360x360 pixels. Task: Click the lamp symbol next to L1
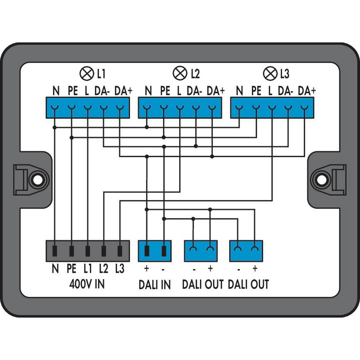coord(86,74)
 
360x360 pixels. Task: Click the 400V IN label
coord(87,284)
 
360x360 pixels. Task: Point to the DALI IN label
coord(154,284)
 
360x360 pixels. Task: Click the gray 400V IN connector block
coord(88,251)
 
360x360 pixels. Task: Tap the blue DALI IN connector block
coord(154,251)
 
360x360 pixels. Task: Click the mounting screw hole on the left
coord(37,180)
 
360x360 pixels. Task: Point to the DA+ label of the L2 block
coord(216,91)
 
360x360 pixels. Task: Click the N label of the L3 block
coord(239,91)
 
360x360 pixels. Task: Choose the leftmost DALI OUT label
coord(202,284)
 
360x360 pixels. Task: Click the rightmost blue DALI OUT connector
coord(246,251)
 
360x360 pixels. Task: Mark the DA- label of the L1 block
coord(102,91)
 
